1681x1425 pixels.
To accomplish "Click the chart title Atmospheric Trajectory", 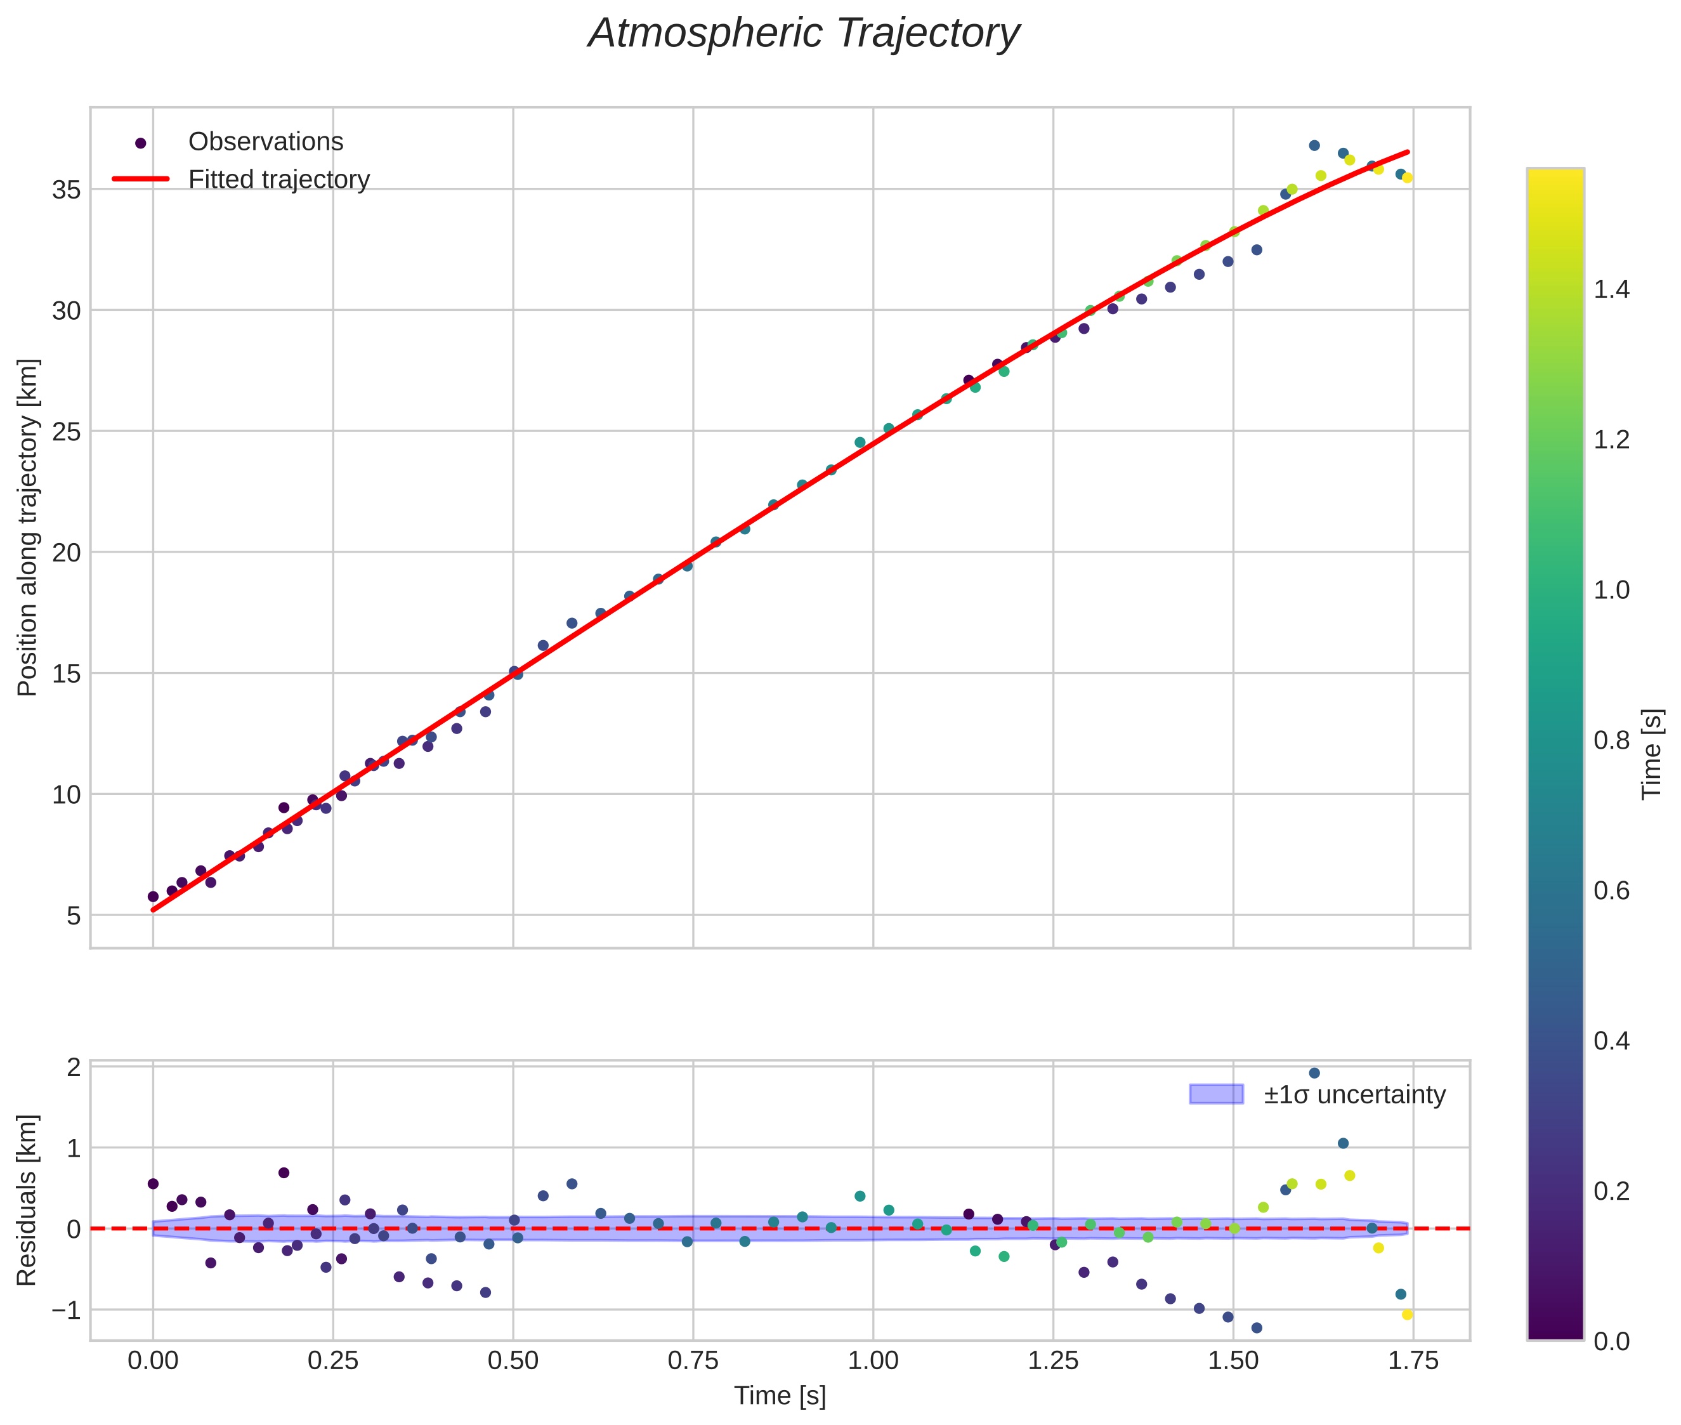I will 804,34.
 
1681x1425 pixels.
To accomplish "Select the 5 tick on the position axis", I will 74,916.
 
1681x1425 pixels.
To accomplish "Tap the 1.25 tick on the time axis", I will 1052,1361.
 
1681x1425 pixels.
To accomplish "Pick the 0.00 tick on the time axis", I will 153,1361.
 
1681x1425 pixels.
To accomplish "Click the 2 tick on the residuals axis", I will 74,1068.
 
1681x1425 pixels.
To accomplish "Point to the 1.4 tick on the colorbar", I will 1611,290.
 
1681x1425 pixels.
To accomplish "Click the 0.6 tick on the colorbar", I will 1611,891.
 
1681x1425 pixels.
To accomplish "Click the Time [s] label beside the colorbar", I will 1652,754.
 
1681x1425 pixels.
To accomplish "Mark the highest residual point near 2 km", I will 1314,1073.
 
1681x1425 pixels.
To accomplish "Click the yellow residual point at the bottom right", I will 1407,1315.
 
